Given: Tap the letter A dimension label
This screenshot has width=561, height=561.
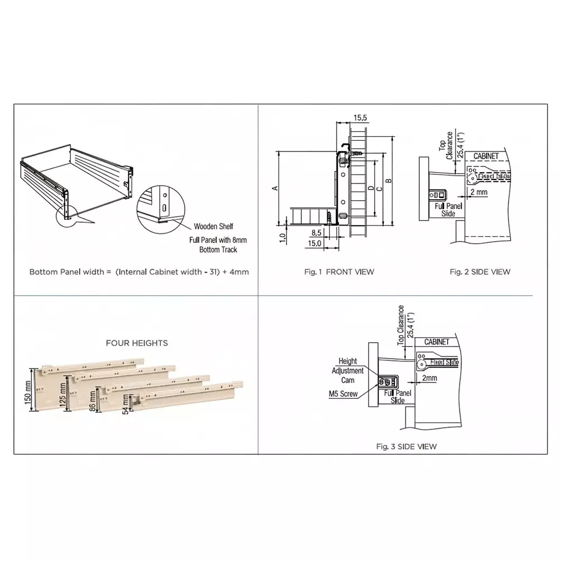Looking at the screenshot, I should (x=275, y=188).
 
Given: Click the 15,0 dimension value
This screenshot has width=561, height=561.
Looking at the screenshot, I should (x=314, y=243).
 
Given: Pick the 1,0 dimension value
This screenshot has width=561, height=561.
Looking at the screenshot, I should (x=283, y=237).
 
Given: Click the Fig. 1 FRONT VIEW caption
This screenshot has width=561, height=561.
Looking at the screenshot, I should (x=339, y=272).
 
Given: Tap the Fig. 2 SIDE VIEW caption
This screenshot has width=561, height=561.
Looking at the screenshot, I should (x=480, y=272).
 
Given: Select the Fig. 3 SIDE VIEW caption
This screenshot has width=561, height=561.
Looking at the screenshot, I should (x=406, y=447).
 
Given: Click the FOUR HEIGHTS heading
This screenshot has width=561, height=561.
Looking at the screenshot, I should (x=137, y=343).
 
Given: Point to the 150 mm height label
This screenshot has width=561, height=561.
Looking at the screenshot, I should (x=29, y=396).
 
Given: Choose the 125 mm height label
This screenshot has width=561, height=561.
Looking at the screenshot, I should (x=63, y=396).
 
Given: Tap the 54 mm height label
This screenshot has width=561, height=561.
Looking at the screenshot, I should (x=126, y=406).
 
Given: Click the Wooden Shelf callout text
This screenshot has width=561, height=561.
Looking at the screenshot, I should (x=213, y=227).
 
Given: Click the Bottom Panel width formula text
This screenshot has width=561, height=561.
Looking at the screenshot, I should (x=139, y=272).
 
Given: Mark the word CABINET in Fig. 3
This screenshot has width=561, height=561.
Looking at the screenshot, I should (x=436, y=342).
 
